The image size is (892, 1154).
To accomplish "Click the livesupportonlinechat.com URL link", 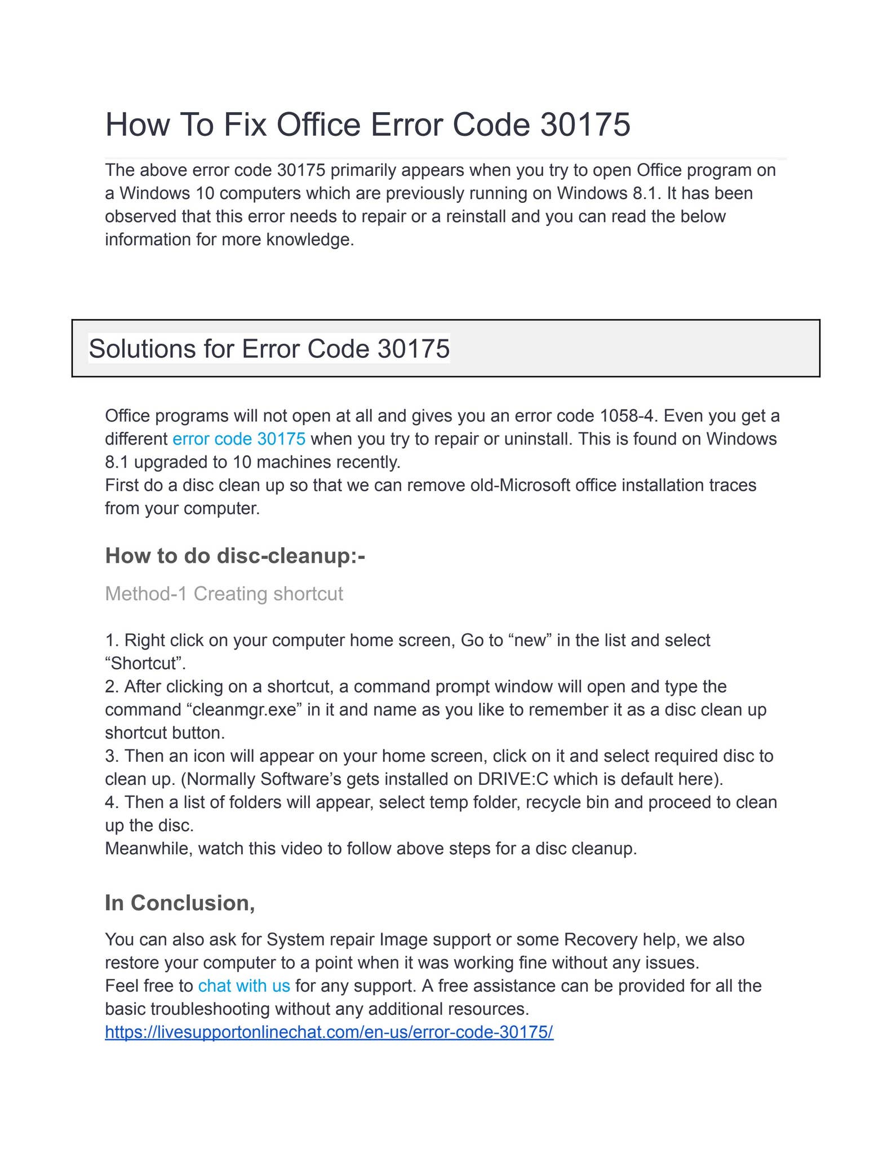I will [329, 1032].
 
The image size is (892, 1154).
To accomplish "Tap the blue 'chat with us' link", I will [244, 986].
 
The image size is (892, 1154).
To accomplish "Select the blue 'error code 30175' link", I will [239, 438].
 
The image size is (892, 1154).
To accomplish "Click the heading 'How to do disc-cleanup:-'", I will [235, 556].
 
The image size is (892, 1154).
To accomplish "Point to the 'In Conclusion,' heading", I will [180, 903].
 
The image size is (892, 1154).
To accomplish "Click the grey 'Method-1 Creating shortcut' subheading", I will [224, 594].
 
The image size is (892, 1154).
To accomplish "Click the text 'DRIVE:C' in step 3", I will [515, 779].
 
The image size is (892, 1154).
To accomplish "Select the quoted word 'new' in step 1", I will [530, 640].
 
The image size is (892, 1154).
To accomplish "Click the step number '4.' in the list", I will [112, 802].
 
